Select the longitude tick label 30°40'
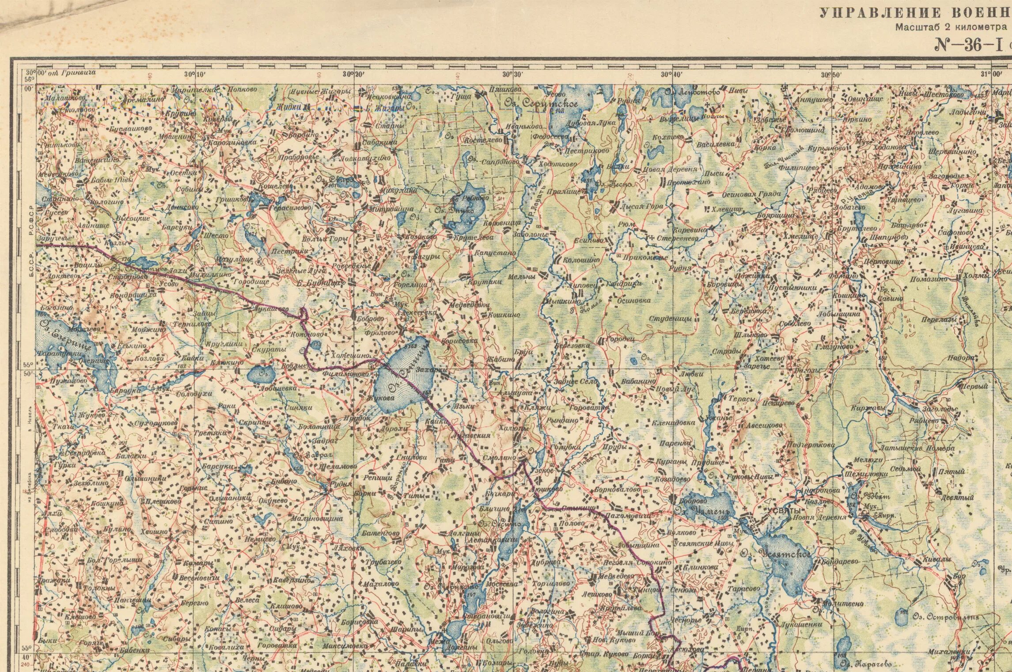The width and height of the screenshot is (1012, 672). click(x=671, y=75)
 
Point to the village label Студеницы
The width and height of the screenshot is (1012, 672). click(x=667, y=319)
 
